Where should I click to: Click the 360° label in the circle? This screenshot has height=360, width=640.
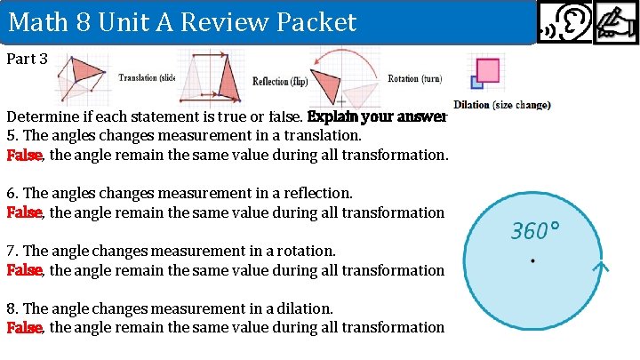point(535,232)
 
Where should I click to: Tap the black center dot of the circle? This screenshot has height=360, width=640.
point(532,260)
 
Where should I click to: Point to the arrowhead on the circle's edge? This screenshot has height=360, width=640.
point(603,266)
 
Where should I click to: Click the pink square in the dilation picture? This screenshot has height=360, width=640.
point(487,70)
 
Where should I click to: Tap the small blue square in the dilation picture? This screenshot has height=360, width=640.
point(476,83)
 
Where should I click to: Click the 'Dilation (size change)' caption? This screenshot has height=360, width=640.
point(501,105)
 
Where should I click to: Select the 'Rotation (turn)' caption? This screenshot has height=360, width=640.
point(415,79)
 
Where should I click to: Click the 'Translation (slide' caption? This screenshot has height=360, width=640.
point(148,78)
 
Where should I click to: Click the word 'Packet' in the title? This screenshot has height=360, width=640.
point(311,21)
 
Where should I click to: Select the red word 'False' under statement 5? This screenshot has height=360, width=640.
point(25,155)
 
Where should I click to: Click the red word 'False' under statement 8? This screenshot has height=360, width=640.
point(25,327)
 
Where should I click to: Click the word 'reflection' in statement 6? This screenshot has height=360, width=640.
point(316,193)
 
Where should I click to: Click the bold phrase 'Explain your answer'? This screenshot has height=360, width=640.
point(376,116)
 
